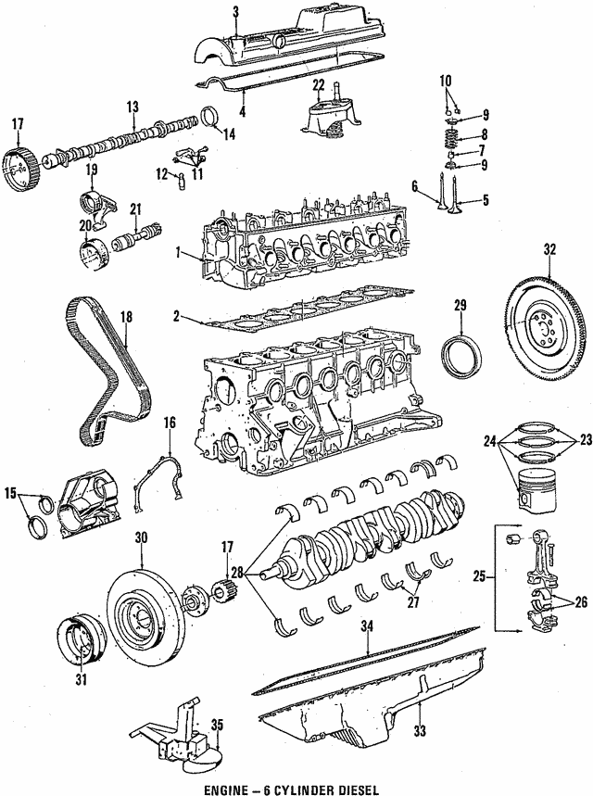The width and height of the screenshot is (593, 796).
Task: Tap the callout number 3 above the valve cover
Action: click(x=235, y=11)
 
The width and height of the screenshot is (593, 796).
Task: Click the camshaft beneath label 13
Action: click(x=120, y=144)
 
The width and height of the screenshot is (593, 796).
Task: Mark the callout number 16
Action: click(x=170, y=423)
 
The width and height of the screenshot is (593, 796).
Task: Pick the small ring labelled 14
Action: click(x=209, y=120)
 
